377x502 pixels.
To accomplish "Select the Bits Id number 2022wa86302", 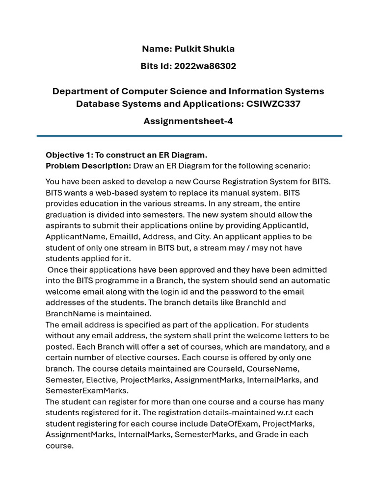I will (x=205, y=66).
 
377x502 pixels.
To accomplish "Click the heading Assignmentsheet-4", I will (x=188, y=121).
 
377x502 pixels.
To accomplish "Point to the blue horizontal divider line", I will (x=189, y=136).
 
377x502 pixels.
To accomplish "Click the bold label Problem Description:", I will (x=88, y=166).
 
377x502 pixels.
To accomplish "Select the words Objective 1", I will (x=67, y=155).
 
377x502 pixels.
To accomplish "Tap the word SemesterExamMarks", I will (x=87, y=391).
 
